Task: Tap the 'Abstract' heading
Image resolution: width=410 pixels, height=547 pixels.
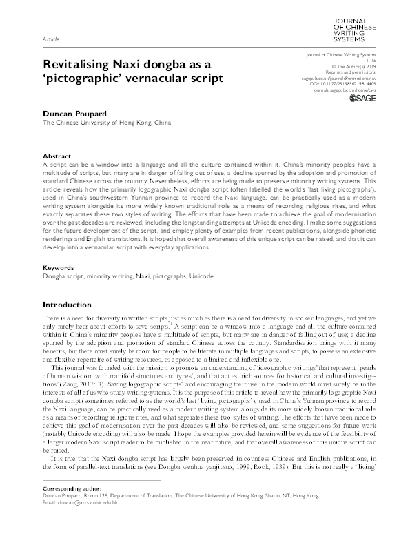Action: click(57, 156)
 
